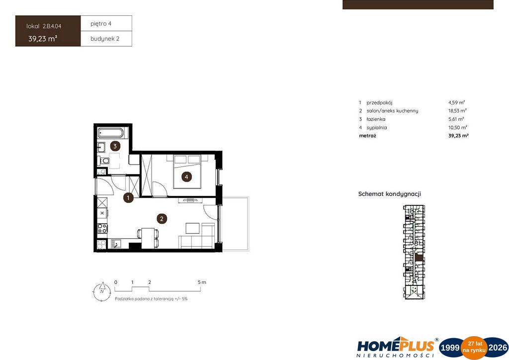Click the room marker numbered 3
(115, 146)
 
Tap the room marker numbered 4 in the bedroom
(186, 177)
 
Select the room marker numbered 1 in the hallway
(128, 198)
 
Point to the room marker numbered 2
(162, 219)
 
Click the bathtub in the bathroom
(111, 133)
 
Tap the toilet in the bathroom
(104, 161)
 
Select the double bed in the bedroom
(187, 172)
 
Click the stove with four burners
(102, 228)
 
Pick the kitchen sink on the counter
(115, 244)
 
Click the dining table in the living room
(148, 238)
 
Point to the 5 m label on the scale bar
(202, 282)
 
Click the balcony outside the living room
(235, 224)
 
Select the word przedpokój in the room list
(379, 102)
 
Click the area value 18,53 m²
(457, 111)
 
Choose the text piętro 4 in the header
(101, 24)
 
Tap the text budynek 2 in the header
(105, 39)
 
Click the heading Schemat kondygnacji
(390, 194)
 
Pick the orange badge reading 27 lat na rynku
(474, 348)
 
